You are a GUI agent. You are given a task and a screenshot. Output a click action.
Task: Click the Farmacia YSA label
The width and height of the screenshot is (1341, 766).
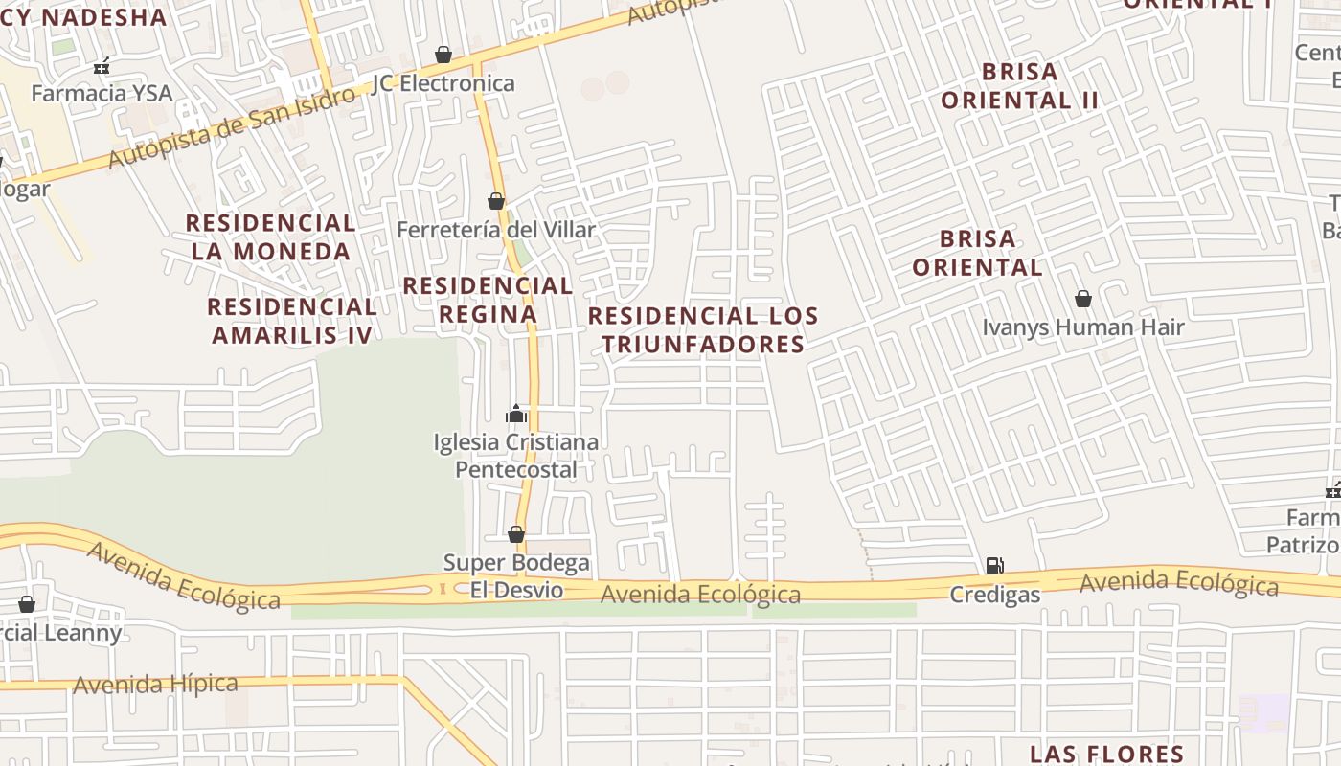(102, 93)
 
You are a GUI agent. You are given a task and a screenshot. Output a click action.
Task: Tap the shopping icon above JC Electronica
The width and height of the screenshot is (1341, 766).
(443, 55)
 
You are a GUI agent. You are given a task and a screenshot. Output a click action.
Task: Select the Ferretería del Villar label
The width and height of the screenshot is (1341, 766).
(495, 230)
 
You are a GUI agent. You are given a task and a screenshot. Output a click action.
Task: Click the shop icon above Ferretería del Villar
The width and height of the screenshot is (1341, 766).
(495, 201)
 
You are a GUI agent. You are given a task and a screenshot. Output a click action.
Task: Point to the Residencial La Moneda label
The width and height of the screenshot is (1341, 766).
(270, 237)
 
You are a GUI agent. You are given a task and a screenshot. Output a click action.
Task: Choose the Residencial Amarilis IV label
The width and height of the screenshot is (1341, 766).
(292, 320)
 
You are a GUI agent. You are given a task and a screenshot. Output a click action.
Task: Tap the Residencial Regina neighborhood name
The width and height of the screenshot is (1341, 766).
(488, 300)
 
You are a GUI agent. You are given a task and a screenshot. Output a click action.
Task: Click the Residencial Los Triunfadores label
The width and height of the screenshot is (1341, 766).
(703, 329)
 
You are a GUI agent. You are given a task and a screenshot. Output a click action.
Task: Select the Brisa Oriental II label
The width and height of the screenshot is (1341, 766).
(1019, 85)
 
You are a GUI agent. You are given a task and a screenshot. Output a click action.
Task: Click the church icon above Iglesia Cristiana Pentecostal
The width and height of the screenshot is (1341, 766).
(516, 414)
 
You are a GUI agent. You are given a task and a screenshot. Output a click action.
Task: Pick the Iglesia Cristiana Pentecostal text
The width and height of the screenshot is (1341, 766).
(516, 456)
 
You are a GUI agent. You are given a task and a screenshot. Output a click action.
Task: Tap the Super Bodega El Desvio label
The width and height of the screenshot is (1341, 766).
(516, 575)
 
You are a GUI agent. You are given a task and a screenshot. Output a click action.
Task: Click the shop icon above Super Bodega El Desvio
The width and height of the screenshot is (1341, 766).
(516, 534)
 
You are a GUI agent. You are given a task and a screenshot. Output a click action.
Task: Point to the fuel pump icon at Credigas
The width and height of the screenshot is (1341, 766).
(994, 566)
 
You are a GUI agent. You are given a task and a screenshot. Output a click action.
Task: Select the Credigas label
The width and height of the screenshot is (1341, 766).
(994, 595)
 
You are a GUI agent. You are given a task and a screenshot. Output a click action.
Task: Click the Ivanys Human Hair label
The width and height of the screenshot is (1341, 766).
(1082, 327)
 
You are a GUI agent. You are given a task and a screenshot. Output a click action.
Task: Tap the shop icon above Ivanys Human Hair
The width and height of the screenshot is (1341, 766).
(1082, 300)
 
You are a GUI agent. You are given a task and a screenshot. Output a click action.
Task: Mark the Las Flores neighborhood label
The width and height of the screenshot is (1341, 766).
(1106, 754)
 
